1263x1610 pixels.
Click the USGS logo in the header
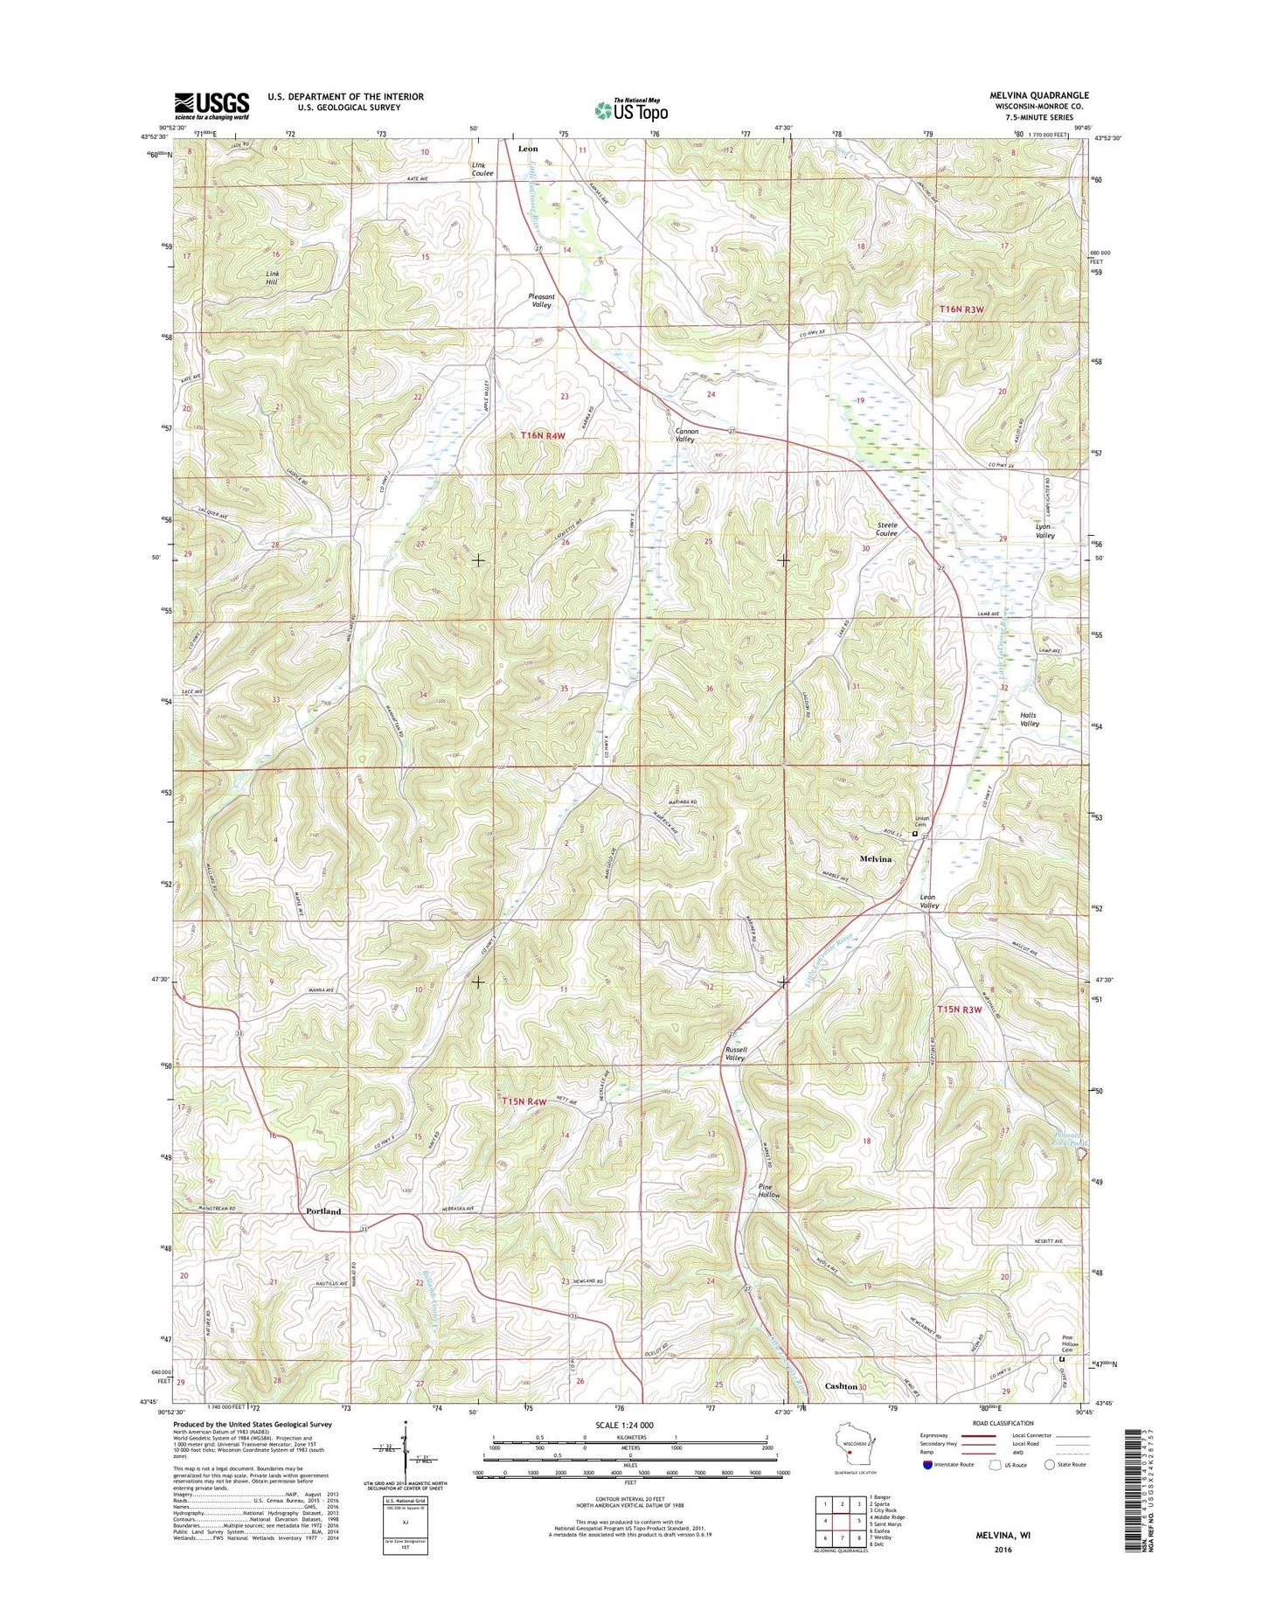(212, 106)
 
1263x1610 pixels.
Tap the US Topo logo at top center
(631, 109)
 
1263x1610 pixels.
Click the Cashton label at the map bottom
(841, 1386)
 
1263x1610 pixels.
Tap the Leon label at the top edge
(528, 149)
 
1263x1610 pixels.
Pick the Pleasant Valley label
(541, 301)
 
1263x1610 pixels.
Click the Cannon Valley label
(684, 435)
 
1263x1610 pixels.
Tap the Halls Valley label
(1029, 719)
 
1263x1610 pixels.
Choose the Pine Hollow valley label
(768, 1190)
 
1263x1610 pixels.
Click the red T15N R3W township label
(959, 1010)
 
